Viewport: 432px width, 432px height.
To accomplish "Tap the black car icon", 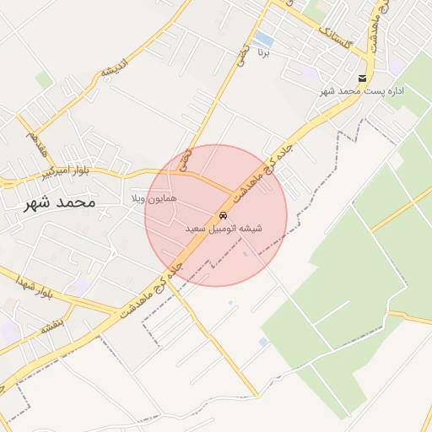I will [224, 215].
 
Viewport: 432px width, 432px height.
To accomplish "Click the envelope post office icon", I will [363, 78].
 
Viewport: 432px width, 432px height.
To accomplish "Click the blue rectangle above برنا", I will [263, 39].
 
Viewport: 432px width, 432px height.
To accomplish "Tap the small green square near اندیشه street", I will [44, 80].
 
